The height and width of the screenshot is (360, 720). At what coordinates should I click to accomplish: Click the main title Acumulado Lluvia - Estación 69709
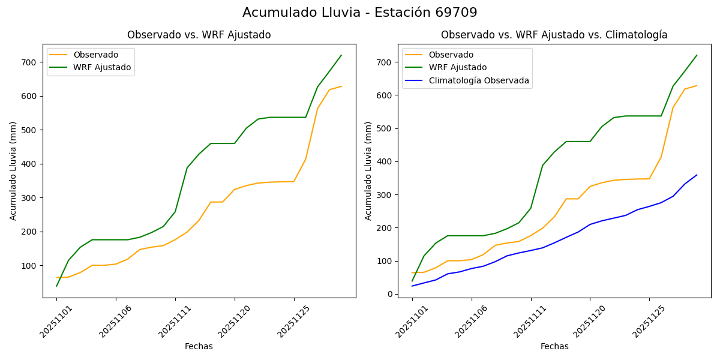360,13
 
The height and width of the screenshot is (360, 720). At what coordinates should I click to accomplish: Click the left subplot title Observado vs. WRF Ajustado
199,35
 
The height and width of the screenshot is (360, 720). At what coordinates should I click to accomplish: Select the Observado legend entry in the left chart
95,55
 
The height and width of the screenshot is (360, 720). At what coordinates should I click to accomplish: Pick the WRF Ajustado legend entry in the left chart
102,67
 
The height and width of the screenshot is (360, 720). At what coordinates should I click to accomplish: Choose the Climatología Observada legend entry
479,80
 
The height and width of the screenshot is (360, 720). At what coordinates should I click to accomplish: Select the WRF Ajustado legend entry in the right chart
457,67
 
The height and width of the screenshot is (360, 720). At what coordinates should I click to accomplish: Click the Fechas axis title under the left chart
199,346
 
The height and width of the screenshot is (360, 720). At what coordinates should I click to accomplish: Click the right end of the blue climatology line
697,175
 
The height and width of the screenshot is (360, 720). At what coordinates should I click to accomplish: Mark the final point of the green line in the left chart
341,55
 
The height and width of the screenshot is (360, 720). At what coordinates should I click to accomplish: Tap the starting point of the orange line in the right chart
412,272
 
